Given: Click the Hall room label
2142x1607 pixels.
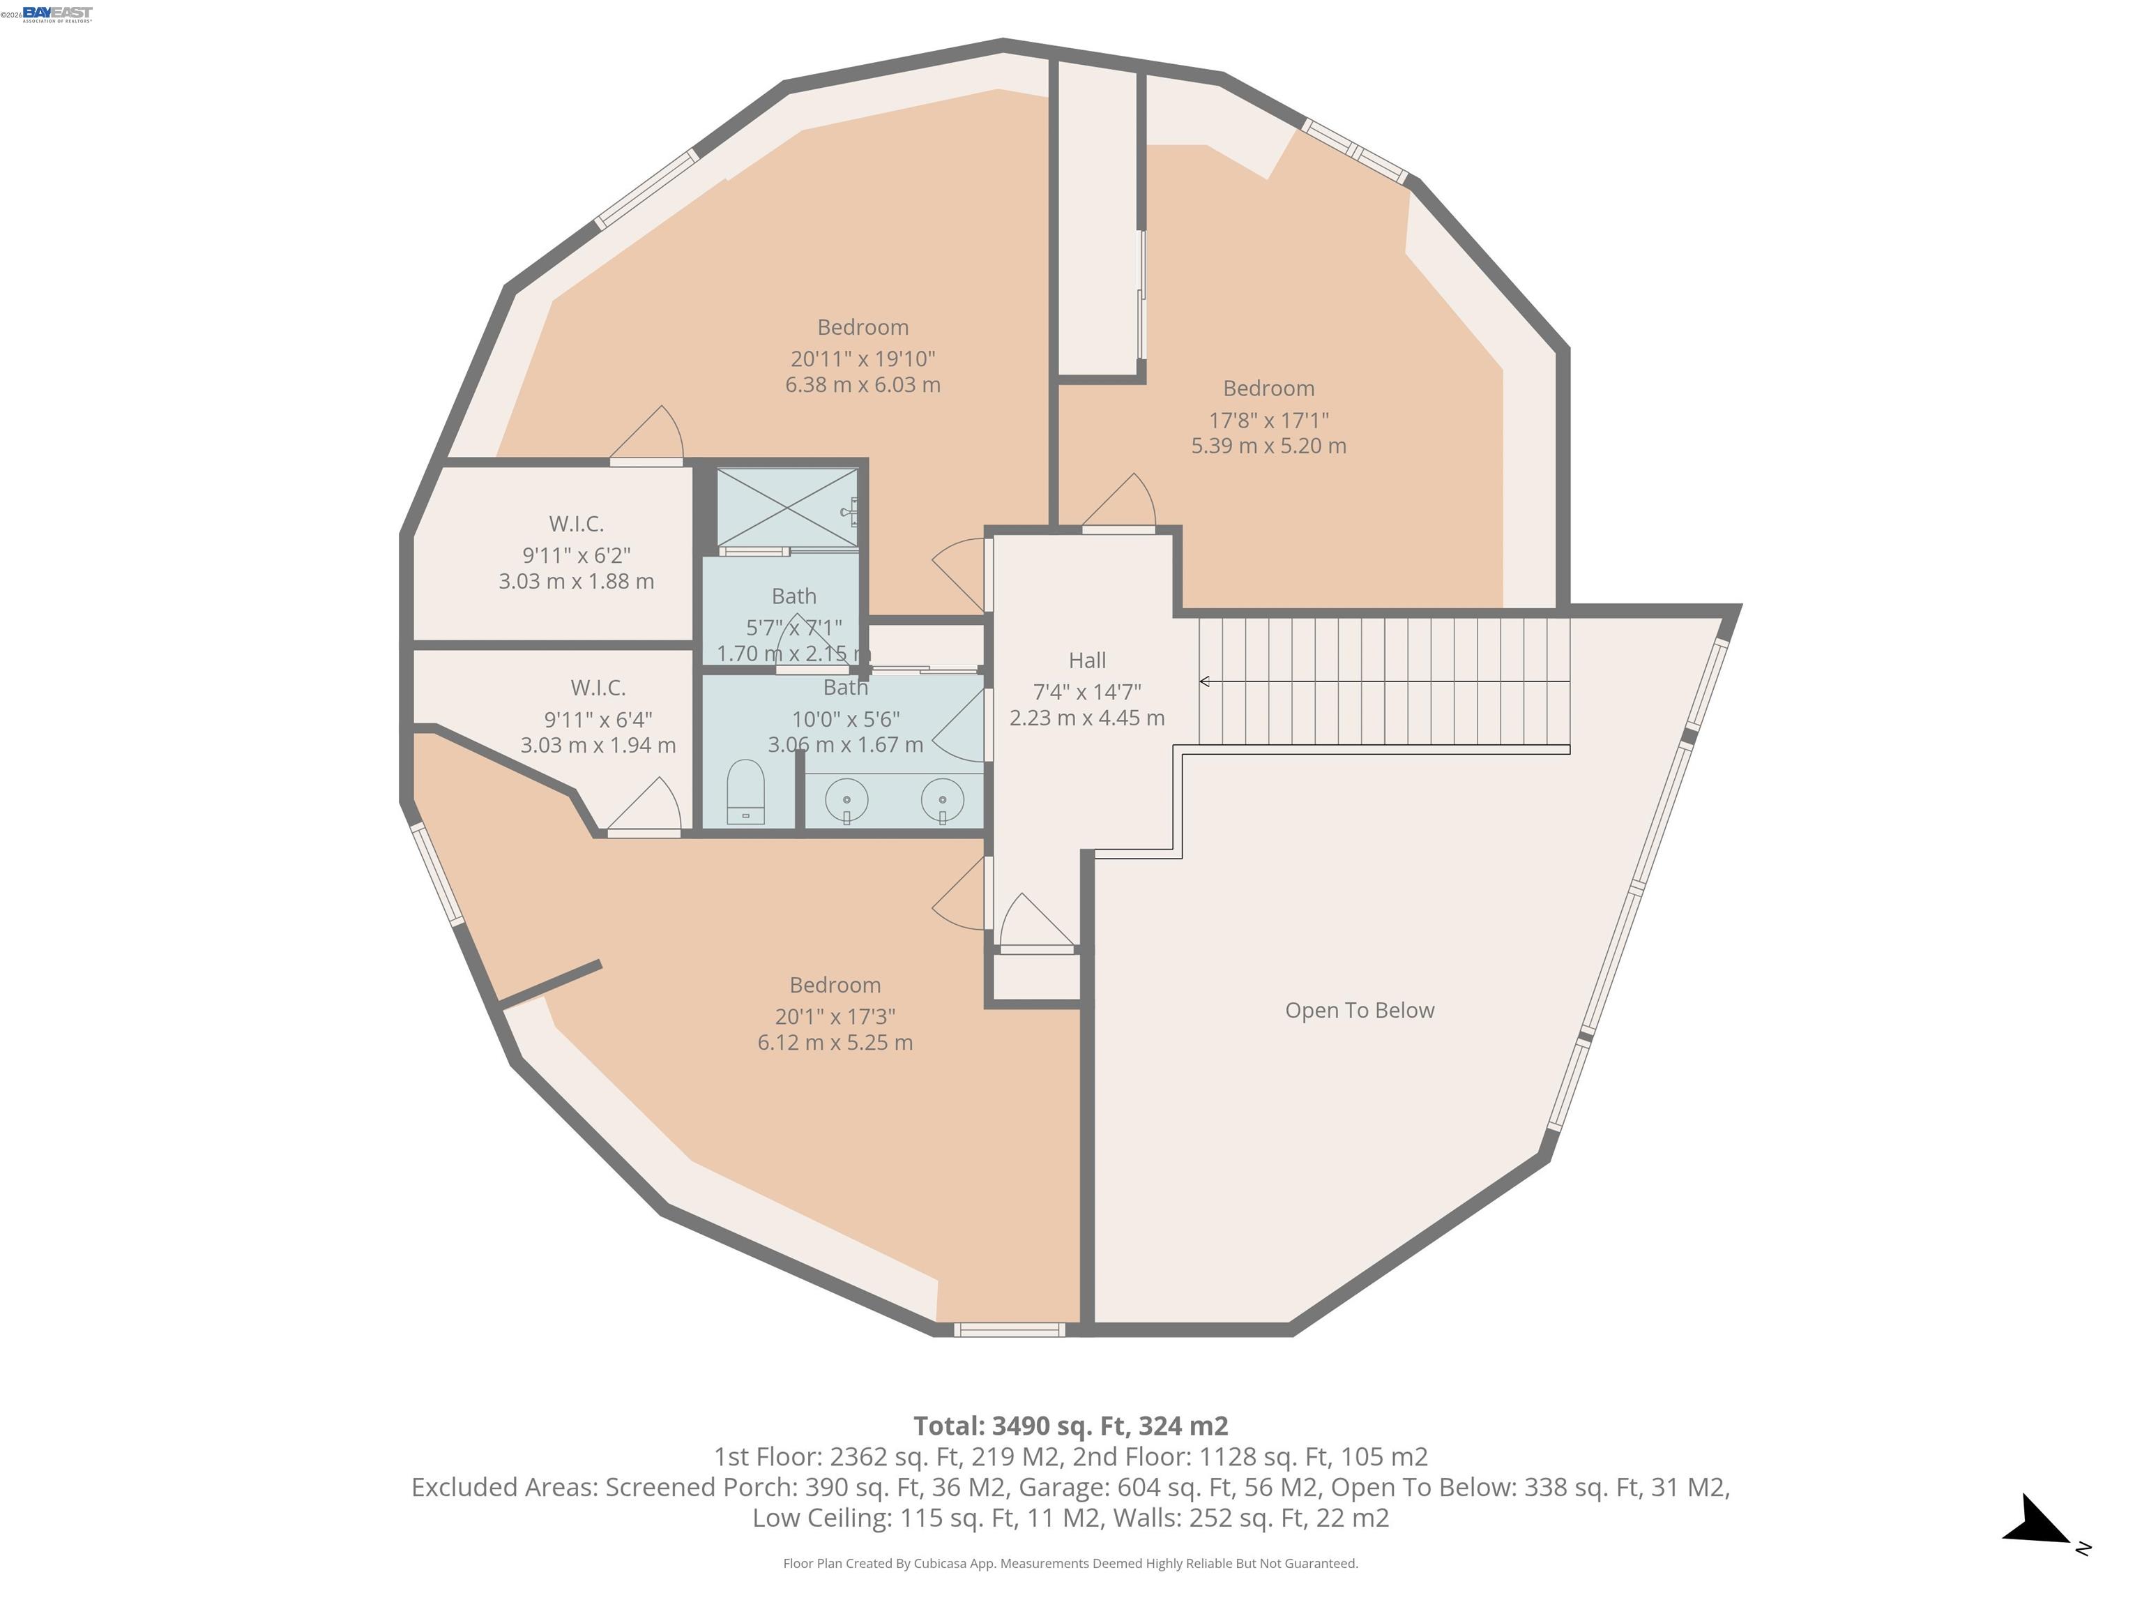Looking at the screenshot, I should click(1086, 661).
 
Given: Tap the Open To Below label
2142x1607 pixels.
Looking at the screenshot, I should click(1358, 1011).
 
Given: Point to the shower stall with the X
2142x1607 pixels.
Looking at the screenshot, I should click(787, 508).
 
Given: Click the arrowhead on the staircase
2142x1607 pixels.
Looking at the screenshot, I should click(1205, 682).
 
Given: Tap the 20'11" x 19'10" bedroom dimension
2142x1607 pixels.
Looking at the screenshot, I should click(862, 359).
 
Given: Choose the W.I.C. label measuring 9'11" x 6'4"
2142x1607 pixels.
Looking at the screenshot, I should click(598, 688).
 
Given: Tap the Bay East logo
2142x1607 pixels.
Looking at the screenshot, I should click(57, 13).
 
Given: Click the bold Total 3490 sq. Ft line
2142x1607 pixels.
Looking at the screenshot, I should click(1070, 1426).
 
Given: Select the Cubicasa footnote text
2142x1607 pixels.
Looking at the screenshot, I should click(1070, 1564).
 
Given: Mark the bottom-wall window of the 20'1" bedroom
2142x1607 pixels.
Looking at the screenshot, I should click(1009, 1330).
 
